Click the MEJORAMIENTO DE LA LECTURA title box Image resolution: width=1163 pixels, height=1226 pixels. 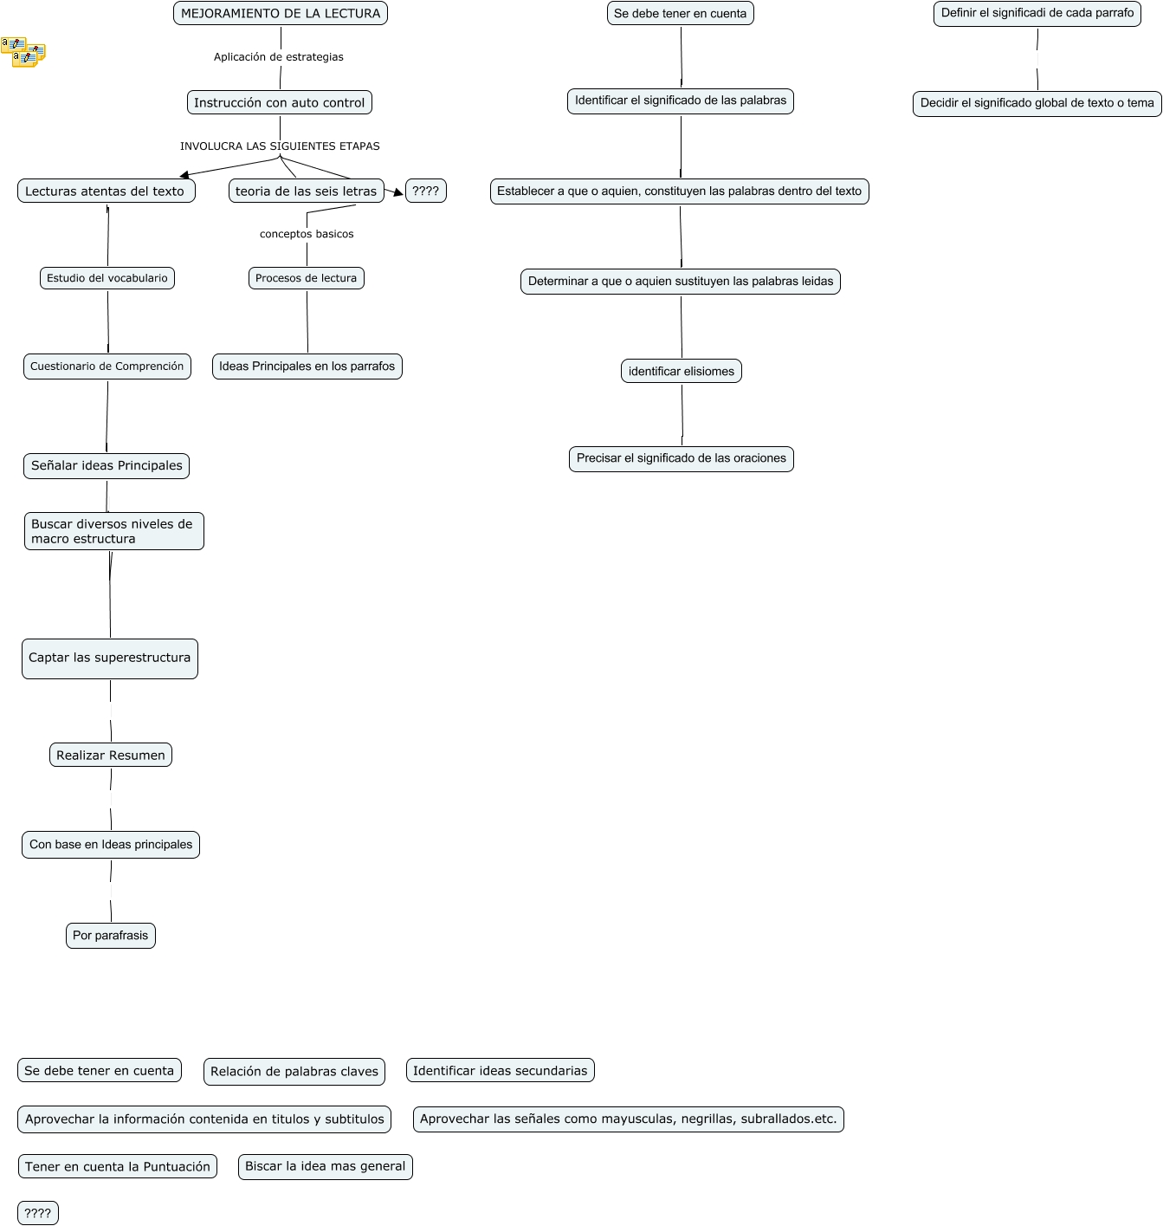(x=281, y=14)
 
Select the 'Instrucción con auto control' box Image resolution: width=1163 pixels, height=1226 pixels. (x=280, y=102)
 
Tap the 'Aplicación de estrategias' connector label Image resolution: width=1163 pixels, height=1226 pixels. (x=279, y=57)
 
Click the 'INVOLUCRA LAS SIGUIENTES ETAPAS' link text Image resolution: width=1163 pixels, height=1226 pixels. (x=280, y=146)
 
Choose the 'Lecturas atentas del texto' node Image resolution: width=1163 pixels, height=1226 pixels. (x=106, y=191)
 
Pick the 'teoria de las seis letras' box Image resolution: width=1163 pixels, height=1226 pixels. (x=306, y=191)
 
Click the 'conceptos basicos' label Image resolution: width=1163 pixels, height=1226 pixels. (x=307, y=234)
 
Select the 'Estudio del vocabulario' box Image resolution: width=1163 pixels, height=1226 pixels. (x=107, y=278)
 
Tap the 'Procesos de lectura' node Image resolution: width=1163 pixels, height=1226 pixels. (x=306, y=278)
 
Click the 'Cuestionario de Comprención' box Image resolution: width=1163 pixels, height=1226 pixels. (x=107, y=367)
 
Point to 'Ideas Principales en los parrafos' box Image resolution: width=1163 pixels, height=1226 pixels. (x=307, y=367)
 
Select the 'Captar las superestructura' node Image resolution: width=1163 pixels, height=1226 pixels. (x=110, y=658)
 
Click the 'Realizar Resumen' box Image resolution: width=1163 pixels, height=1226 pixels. (x=111, y=756)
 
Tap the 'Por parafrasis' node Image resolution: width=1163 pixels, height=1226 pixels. (x=111, y=936)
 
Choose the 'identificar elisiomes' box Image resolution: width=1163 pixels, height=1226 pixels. (x=682, y=372)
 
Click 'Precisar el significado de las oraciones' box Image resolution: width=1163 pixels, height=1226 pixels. (x=682, y=458)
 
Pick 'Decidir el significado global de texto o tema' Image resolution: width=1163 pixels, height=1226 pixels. (x=1037, y=103)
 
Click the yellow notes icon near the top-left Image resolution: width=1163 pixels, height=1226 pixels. (x=23, y=52)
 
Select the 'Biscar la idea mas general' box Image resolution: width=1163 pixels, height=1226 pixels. (x=325, y=1166)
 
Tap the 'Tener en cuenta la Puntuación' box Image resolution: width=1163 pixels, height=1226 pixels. (x=118, y=1167)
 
